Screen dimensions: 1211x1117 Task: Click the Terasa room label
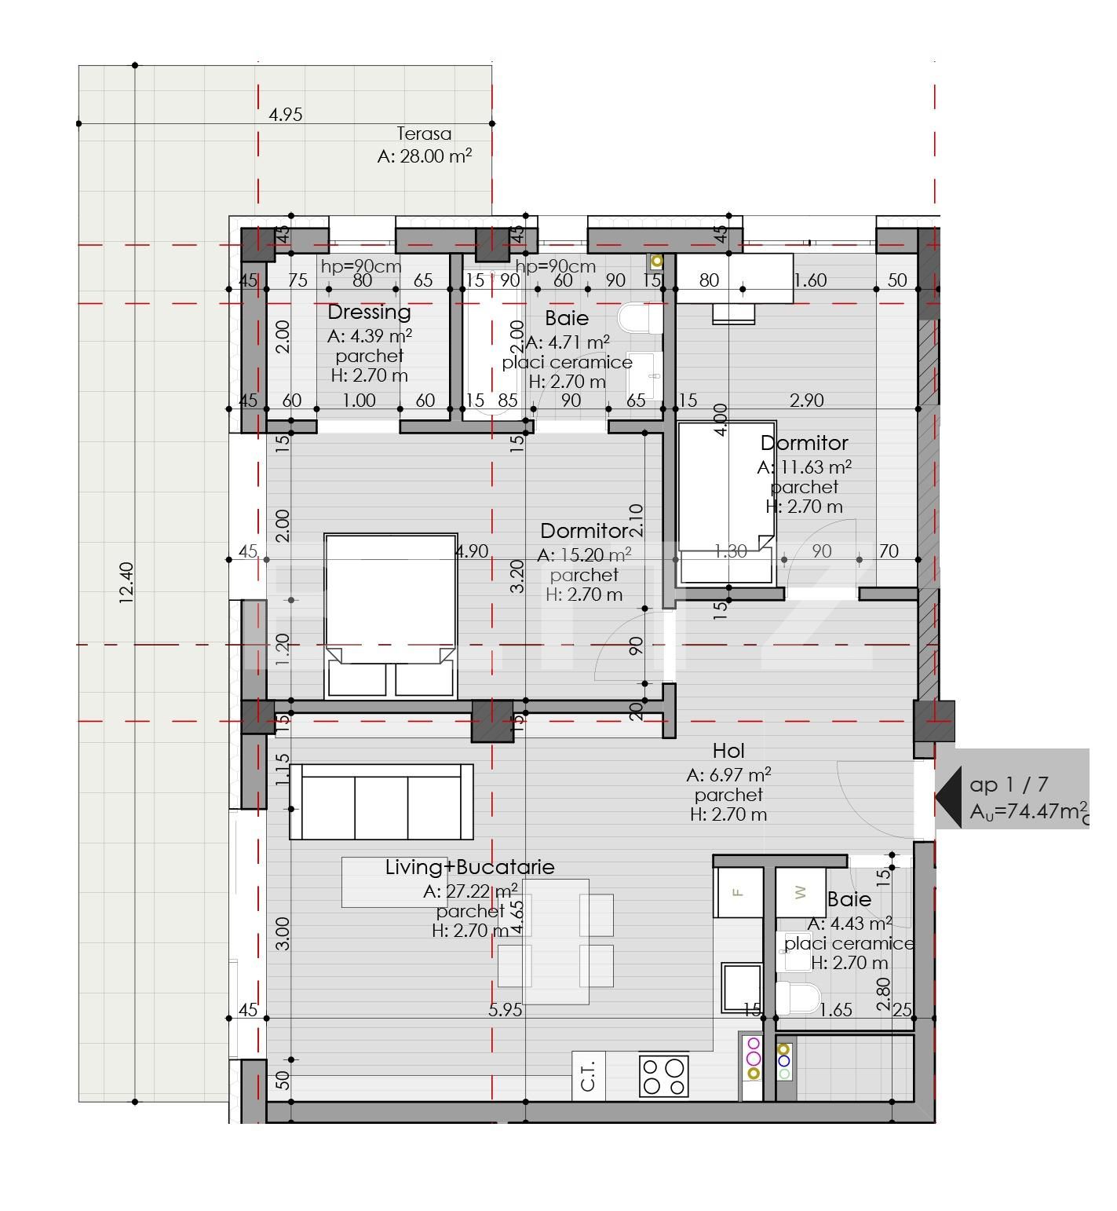(x=424, y=134)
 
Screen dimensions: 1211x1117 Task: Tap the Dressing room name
(x=369, y=312)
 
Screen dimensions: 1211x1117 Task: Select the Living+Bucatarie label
(x=469, y=867)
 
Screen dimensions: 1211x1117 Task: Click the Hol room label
(x=728, y=751)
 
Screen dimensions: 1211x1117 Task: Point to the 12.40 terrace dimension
(x=126, y=582)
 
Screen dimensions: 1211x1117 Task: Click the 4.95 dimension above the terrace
(x=285, y=115)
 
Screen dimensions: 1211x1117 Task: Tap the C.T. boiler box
(x=589, y=1075)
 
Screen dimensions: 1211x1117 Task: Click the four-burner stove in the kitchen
(x=663, y=1076)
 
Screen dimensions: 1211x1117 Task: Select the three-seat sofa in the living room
(x=381, y=801)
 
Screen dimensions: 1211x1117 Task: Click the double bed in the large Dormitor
(x=391, y=616)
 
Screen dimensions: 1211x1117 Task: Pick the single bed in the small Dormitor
(x=726, y=503)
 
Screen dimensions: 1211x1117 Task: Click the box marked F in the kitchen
(x=738, y=892)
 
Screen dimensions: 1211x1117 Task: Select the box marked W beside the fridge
(x=800, y=892)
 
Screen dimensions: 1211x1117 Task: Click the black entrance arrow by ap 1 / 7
(x=949, y=796)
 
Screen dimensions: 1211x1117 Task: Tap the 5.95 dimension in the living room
(x=505, y=1010)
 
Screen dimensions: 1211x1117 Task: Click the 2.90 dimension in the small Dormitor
(x=806, y=400)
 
